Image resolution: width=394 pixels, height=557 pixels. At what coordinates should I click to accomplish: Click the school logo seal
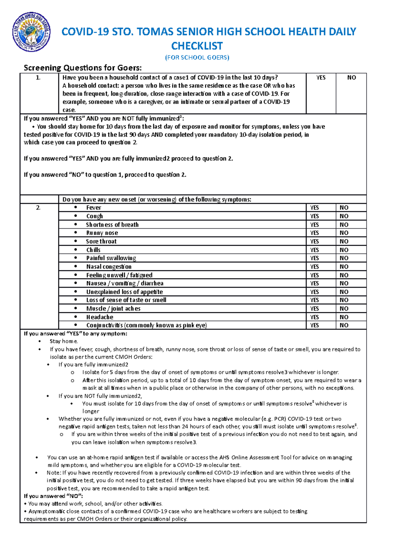[x=31, y=32]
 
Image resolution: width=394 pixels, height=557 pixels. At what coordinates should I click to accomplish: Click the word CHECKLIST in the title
[x=197, y=46]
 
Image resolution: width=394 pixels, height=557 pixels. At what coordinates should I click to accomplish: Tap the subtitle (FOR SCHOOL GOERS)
[x=197, y=58]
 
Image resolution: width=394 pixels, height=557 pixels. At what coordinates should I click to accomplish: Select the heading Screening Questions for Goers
[x=83, y=68]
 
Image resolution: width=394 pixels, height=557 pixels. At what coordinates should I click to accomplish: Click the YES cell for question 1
[x=321, y=78]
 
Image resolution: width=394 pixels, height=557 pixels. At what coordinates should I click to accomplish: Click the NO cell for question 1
[x=351, y=78]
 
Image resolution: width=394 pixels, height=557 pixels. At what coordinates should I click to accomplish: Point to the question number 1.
[x=38, y=78]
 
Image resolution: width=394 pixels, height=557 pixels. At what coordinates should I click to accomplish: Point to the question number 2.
[x=38, y=208]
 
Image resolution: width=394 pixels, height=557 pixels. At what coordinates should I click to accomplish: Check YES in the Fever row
[x=315, y=208]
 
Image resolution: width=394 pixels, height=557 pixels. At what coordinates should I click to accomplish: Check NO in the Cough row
[x=344, y=216]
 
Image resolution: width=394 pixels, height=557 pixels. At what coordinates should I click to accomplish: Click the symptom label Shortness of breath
[x=112, y=225]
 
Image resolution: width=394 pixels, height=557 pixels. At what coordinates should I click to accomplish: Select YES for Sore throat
[x=315, y=241]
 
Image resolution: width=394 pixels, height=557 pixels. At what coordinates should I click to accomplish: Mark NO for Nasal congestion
[x=344, y=267]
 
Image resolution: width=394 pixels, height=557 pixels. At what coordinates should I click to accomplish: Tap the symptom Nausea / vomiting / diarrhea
[x=125, y=283]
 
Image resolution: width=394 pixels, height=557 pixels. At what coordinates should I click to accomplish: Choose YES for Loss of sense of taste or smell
[x=315, y=300]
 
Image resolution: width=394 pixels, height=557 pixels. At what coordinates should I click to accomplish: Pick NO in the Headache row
[x=344, y=317]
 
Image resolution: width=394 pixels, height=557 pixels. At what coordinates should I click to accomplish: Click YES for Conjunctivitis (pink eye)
[x=315, y=325]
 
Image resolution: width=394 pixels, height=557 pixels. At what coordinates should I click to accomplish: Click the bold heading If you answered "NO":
[x=53, y=496]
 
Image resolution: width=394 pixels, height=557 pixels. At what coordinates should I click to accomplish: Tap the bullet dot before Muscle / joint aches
[x=76, y=308]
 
